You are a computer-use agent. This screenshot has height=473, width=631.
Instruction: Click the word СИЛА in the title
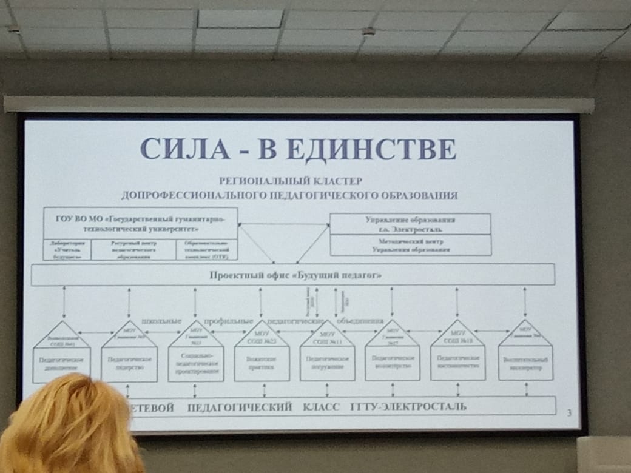pos(188,149)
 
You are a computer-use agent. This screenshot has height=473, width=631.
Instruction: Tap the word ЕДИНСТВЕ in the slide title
pos(372,149)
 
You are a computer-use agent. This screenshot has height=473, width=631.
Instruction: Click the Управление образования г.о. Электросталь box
pos(411,224)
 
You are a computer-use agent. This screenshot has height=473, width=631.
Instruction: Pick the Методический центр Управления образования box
pos(411,245)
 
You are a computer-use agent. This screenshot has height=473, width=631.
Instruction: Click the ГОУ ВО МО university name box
pos(140,223)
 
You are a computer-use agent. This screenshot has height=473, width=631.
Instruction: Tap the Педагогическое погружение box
pos(327,364)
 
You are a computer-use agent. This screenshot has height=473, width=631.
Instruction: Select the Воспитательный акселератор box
pos(525,363)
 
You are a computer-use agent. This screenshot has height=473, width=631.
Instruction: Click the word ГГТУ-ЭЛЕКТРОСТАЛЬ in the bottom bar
pos(409,406)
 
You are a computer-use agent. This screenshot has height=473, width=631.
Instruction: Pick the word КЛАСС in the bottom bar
pos(321,406)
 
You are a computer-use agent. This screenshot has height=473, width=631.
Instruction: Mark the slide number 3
pos(569,414)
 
